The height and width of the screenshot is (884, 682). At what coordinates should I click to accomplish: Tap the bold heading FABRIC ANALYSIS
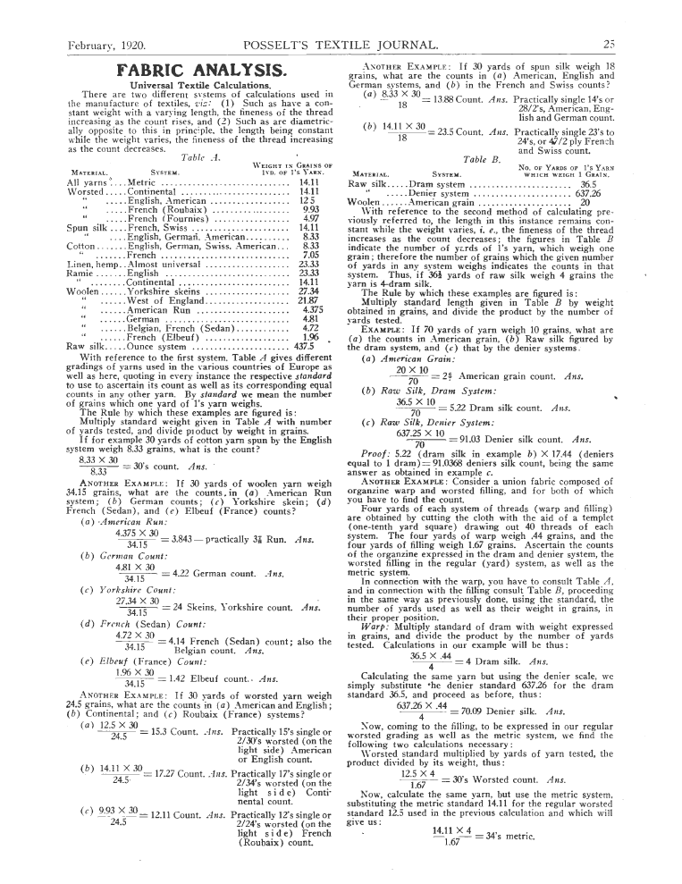[199, 69]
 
